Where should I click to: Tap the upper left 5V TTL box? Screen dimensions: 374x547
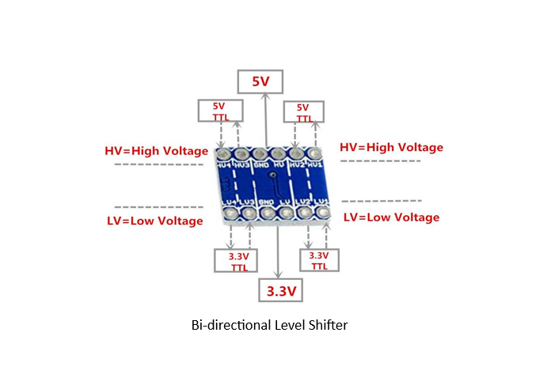point(219,111)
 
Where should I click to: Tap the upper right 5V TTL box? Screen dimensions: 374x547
point(302,111)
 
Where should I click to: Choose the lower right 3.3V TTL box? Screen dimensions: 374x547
point(318,261)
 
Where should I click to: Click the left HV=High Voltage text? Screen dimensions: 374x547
point(157,150)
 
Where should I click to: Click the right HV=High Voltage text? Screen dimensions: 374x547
point(391,147)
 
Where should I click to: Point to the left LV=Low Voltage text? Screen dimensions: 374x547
point(154,221)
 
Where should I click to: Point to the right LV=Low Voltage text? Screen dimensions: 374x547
point(391,217)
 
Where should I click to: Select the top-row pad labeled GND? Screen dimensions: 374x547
point(260,153)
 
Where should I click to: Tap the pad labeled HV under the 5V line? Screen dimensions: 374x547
point(279,153)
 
